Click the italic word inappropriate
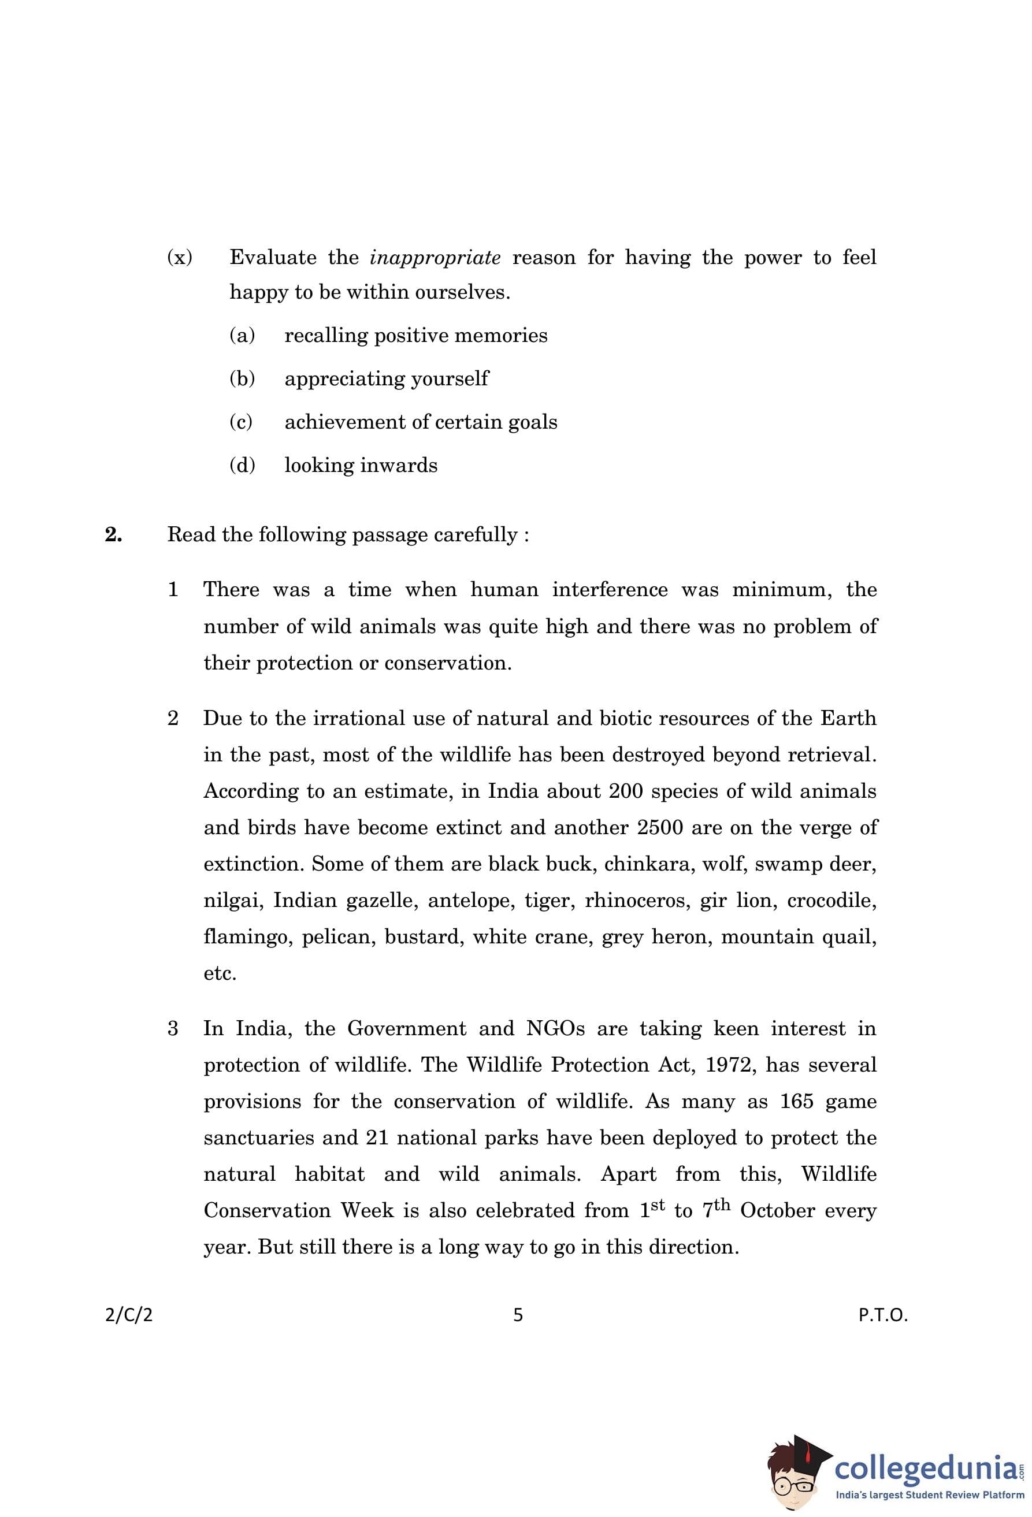tap(435, 258)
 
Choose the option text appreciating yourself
tap(386, 378)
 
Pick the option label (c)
tap(241, 422)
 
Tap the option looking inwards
tap(361, 466)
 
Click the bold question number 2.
tap(113, 534)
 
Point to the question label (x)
tap(180, 257)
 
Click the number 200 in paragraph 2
tap(626, 791)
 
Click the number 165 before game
tap(796, 1102)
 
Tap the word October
tap(777, 1211)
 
